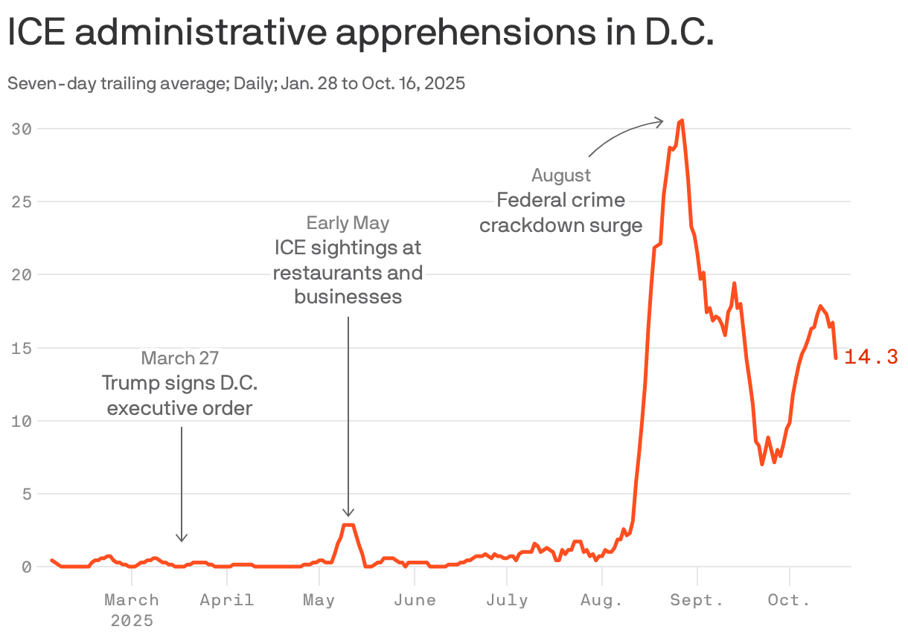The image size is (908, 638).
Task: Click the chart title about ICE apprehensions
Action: (x=360, y=34)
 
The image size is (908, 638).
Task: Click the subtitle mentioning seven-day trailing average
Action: (x=236, y=83)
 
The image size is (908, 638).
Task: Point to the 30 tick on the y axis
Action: (x=22, y=129)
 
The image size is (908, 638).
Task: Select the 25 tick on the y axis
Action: (x=22, y=202)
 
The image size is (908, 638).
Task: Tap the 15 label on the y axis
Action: (x=22, y=348)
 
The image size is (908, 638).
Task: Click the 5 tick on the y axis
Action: (x=27, y=494)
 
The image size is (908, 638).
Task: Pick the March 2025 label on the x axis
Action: (x=132, y=609)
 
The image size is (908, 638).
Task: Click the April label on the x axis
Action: (x=227, y=600)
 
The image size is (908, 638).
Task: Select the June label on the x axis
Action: (x=414, y=600)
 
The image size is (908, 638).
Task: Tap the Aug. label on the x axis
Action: (x=601, y=600)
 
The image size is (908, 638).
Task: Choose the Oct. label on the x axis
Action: (x=789, y=600)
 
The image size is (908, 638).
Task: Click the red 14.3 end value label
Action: (x=871, y=358)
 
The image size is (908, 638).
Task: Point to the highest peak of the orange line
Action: (x=682, y=120)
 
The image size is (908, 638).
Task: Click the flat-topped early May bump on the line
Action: (x=348, y=525)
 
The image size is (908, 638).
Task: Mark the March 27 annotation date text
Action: (x=180, y=358)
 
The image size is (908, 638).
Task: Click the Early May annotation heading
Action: (x=348, y=222)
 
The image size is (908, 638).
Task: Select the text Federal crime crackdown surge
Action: (x=561, y=213)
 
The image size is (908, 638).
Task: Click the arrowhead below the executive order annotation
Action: (x=182, y=538)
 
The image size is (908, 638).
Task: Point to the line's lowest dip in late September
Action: (x=762, y=464)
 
